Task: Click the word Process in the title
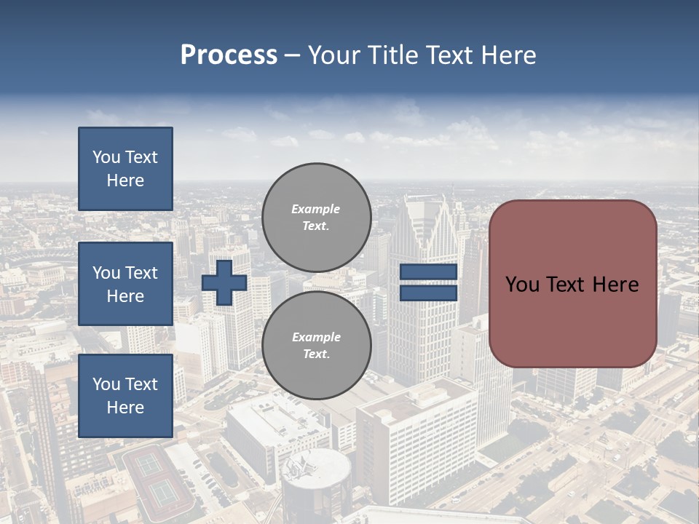coord(229,55)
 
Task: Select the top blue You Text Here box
coord(125,169)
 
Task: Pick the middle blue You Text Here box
coord(125,284)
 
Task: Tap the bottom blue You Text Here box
coord(125,395)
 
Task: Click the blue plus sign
coord(224,283)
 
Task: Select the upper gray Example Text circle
coord(316,218)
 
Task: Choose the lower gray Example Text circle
coord(316,346)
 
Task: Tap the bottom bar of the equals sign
coord(428,293)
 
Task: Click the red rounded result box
coord(572,320)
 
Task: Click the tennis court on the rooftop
coord(157,477)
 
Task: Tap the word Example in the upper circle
coord(315,210)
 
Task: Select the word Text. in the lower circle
coord(315,354)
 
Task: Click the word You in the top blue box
coord(106,157)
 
